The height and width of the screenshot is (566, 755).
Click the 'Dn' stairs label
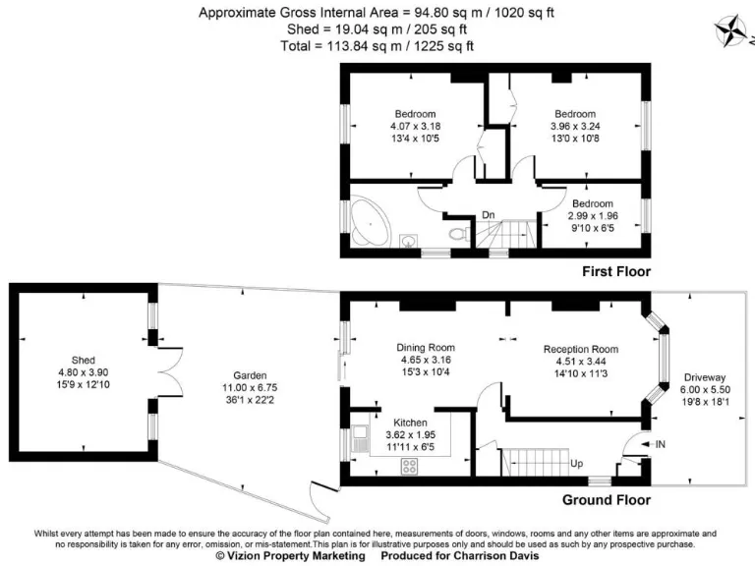[488, 216]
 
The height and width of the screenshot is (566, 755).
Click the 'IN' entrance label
[660, 445]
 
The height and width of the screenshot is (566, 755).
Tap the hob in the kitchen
[408, 467]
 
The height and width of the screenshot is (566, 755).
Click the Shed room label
[83, 360]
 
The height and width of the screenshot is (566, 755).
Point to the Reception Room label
[580, 349]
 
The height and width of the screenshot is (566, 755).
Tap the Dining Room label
[426, 347]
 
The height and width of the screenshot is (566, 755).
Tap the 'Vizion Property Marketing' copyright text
[290, 555]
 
